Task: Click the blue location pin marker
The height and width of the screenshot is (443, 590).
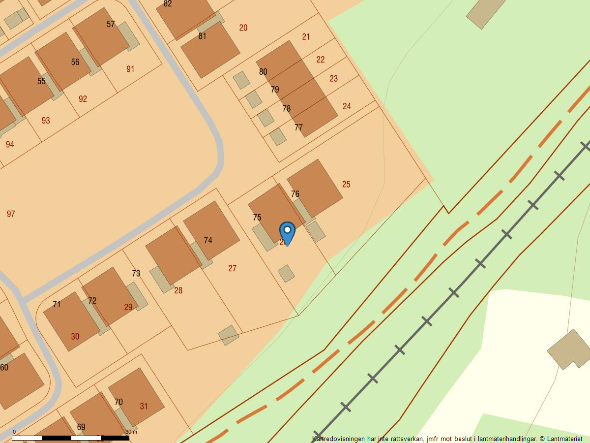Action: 287,232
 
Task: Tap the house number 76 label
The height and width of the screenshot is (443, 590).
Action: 295,194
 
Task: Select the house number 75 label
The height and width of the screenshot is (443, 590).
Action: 257,218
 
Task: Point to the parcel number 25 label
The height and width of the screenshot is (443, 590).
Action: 346,185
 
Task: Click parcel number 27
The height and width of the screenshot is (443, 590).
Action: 232,268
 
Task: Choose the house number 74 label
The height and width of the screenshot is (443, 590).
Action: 208,240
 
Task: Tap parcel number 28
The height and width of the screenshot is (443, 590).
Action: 178,290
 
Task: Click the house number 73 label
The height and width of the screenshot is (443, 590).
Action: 136,273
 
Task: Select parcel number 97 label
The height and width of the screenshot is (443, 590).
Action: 11,214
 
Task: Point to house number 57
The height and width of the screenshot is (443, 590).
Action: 111,24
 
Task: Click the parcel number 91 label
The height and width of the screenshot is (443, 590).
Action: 130,69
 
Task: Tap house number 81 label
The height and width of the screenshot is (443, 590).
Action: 203,36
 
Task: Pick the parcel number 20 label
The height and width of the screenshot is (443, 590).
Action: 243,28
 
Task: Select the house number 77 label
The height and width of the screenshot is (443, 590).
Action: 298,127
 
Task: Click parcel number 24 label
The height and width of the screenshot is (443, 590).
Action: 347,106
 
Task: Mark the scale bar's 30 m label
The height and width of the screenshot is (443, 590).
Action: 131,432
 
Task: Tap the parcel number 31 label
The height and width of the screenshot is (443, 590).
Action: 144,406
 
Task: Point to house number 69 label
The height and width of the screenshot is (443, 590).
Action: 81,427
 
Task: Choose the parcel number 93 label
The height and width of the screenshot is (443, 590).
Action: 46,121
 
